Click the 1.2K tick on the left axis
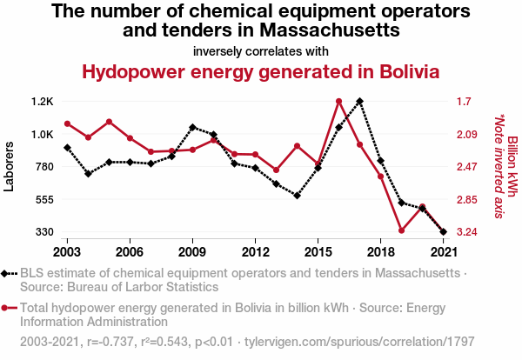point(42,101)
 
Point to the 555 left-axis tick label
point(43,199)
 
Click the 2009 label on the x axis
point(192,251)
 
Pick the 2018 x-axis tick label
point(381,251)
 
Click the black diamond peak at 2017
point(360,101)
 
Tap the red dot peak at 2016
point(339,101)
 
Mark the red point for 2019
point(402,230)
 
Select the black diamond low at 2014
point(298,196)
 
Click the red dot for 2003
point(67,123)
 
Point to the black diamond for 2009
point(192,127)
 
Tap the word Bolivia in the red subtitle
point(401,71)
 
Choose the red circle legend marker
point(7,307)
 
